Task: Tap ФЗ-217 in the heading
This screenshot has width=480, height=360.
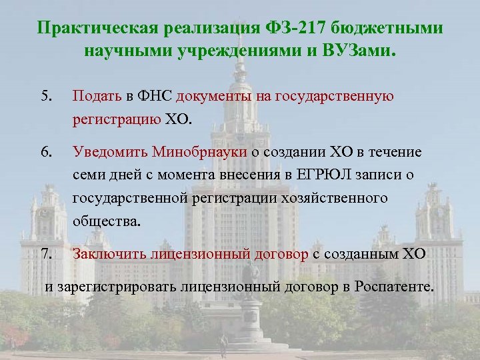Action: [x=291, y=29]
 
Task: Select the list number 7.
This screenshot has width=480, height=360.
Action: [x=45, y=253]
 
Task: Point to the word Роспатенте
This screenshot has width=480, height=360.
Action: [x=393, y=288]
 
